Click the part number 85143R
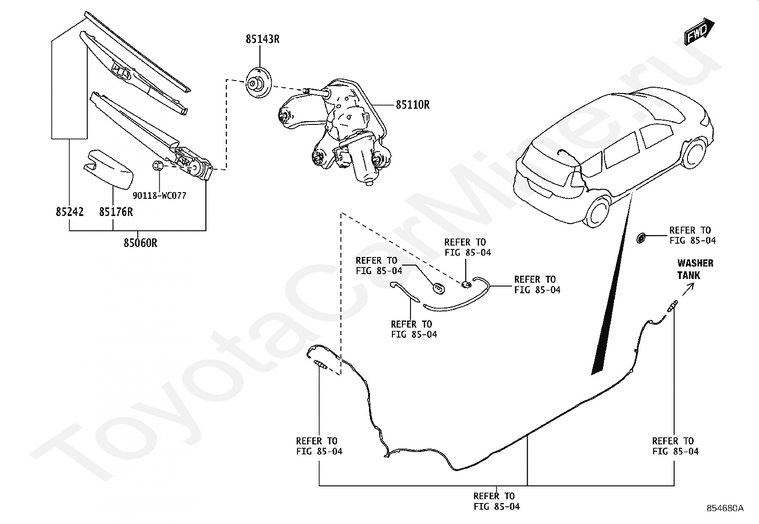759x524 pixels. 262,39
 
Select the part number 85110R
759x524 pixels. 412,104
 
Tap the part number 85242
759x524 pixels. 69,212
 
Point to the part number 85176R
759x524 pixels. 116,212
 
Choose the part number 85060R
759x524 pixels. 140,243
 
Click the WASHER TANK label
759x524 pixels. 695,269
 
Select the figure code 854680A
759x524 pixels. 725,508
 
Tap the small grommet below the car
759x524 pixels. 642,237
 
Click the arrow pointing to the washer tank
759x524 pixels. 688,289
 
